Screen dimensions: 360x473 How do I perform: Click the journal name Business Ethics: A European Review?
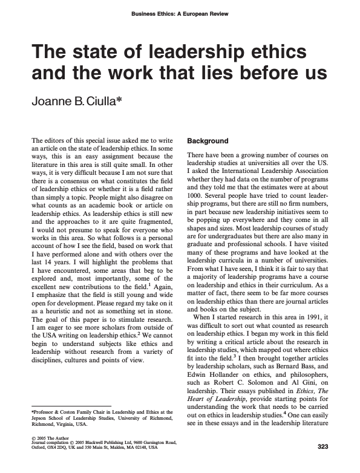(x=180, y=15)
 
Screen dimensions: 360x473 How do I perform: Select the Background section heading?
(x=208, y=141)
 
